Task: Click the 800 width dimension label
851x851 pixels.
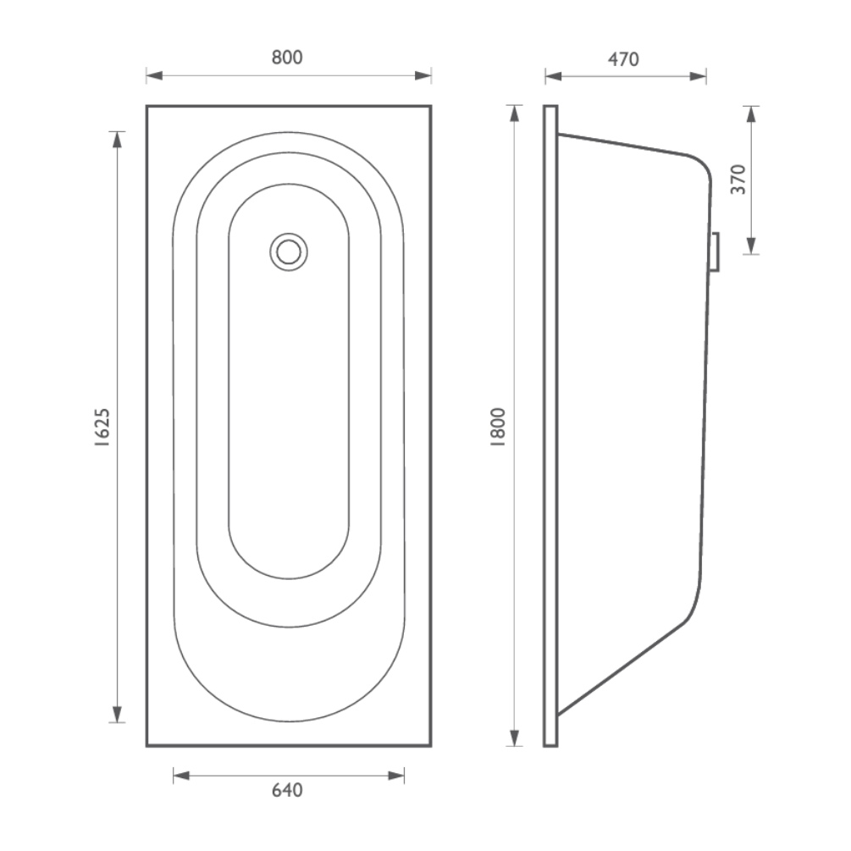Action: click(x=287, y=58)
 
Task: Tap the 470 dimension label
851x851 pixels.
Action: click(x=623, y=59)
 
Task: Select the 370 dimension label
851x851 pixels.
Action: click(x=738, y=180)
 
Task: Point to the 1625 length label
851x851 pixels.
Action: click(x=102, y=427)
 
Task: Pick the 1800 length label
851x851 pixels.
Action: click(x=498, y=427)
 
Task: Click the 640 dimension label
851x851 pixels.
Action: click(x=287, y=790)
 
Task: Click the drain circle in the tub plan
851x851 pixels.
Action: click(x=289, y=251)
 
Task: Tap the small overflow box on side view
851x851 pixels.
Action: click(x=715, y=251)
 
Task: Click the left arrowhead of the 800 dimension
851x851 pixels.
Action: click(x=155, y=75)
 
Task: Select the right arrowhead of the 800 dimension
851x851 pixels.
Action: click(x=423, y=75)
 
